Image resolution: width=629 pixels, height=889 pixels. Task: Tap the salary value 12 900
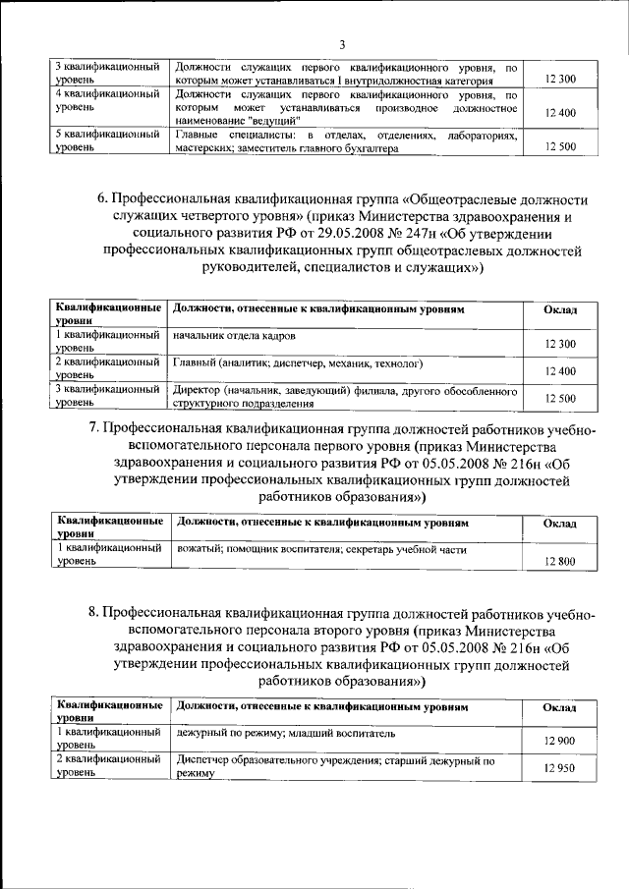[x=558, y=741]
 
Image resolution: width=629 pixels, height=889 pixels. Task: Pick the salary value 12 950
[x=558, y=768]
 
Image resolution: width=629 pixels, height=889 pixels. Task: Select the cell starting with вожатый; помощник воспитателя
[x=320, y=551]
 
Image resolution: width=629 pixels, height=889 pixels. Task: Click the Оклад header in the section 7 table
[x=558, y=525]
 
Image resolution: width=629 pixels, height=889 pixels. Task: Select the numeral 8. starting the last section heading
[x=93, y=612]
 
